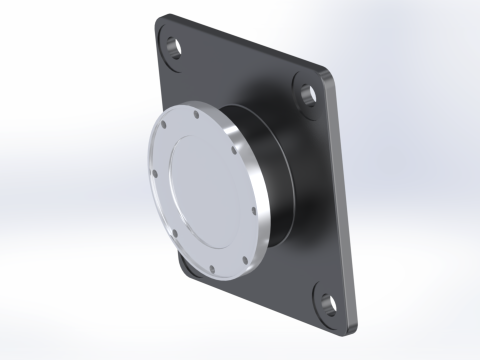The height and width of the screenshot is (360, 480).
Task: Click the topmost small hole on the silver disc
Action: (x=196, y=115)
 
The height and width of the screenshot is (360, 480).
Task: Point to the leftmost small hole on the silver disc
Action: (x=155, y=173)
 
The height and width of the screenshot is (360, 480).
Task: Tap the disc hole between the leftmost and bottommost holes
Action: (x=174, y=233)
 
